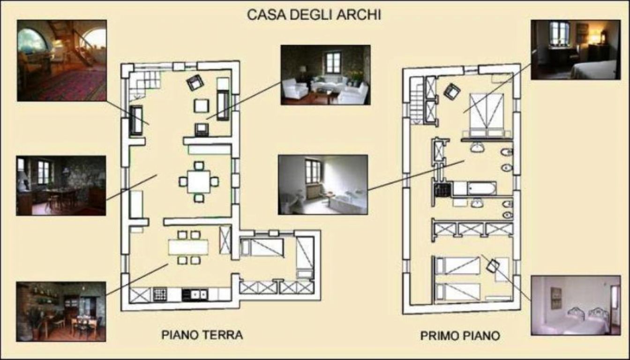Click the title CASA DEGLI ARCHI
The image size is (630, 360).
(314, 15)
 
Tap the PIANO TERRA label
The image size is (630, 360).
(202, 335)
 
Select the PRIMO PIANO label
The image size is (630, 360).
(460, 336)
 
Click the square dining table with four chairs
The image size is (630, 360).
(199, 182)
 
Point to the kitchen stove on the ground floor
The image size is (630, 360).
(160, 294)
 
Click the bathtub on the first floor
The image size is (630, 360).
(481, 188)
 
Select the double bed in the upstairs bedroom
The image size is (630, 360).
(487, 115)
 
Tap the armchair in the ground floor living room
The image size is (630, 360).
(195, 82)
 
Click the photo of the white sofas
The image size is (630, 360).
(325, 75)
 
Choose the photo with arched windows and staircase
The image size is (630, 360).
(62, 60)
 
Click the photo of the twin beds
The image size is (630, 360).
(576, 306)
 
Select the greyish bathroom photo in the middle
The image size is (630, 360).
(323, 185)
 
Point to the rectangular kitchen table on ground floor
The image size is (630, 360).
(188, 247)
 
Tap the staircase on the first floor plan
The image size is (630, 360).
(417, 101)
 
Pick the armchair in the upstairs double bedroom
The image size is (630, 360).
(452, 91)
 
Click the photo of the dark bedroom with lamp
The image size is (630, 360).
(576, 50)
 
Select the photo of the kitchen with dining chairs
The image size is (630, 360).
(61, 312)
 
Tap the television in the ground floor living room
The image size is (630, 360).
(202, 129)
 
